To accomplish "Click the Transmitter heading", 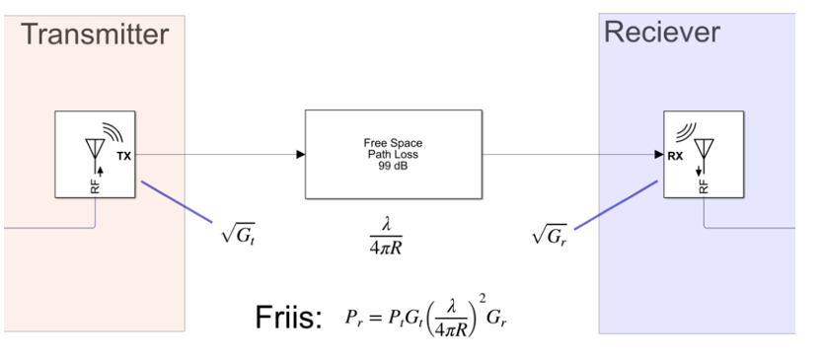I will tap(95, 35).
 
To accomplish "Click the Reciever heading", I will tap(661, 33).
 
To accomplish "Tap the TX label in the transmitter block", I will tap(123, 157).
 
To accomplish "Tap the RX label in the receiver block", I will tap(675, 155).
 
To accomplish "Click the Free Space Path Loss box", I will tap(393, 154).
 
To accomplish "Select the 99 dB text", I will tap(393, 165).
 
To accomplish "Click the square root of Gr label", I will tap(550, 235).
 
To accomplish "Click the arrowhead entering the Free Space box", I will tap(299, 154).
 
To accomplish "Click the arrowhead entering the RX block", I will tap(658, 154).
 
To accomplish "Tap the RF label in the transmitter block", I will tap(96, 183).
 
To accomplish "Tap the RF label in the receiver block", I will tap(704, 183).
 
